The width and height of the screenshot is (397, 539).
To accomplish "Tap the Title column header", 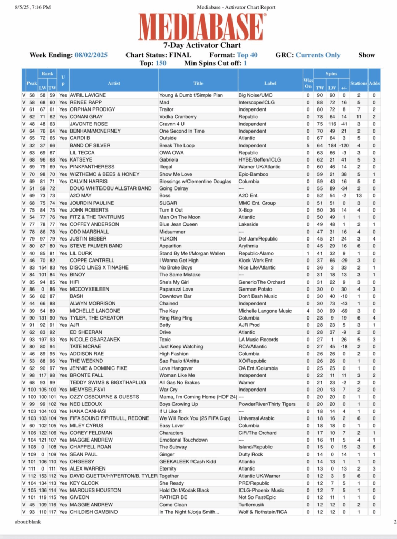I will coord(198,83).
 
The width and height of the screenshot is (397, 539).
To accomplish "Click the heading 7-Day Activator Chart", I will coord(198,46).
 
